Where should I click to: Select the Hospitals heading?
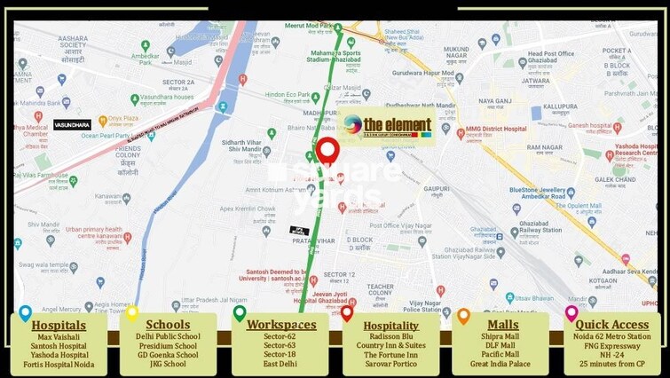(59, 325)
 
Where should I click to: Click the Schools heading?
(168, 325)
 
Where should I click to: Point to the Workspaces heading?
(281, 325)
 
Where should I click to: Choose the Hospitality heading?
(390, 325)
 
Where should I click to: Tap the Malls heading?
(502, 325)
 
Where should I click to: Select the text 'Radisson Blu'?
(390, 337)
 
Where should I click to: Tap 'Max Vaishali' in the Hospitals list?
(59, 337)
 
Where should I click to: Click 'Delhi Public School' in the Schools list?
(168, 337)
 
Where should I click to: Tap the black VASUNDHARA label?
(72, 125)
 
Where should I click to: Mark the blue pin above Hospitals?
(25, 312)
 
